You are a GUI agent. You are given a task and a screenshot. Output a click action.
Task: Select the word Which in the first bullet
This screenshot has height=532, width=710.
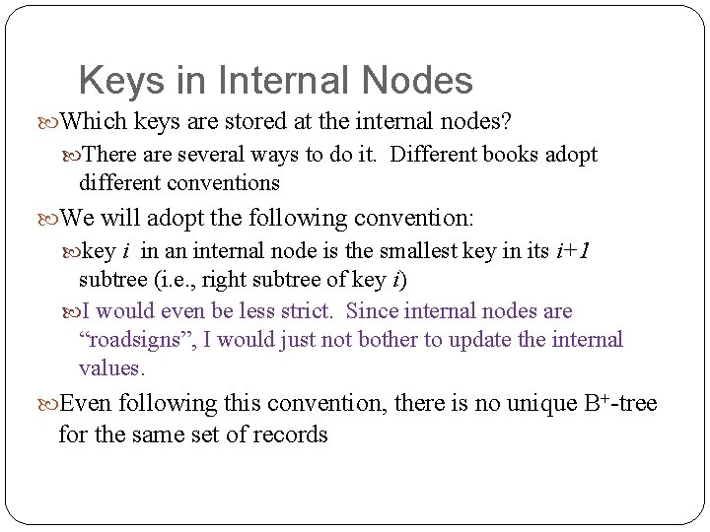[94, 121]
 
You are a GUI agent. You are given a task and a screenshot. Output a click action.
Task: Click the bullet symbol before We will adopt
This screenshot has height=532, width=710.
[50, 218]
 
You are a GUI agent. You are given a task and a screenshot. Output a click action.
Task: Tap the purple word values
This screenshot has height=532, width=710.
[111, 368]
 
